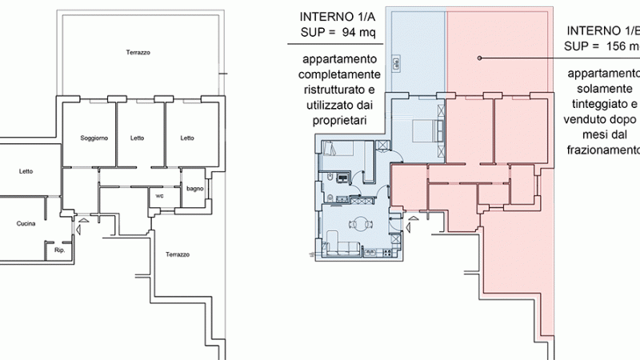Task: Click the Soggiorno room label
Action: click(94, 138)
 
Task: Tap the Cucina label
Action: click(26, 224)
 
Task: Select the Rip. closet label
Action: click(58, 250)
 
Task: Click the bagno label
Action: click(194, 189)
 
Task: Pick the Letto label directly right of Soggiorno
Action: click(138, 138)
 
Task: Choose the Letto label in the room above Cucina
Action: click(26, 171)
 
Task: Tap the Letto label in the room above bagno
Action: click(187, 138)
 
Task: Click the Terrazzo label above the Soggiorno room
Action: click(138, 53)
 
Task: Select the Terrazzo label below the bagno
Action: click(178, 254)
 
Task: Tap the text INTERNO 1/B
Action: click(603, 30)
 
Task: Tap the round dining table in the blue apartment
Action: click(362, 225)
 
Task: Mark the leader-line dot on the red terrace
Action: click(478, 58)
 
